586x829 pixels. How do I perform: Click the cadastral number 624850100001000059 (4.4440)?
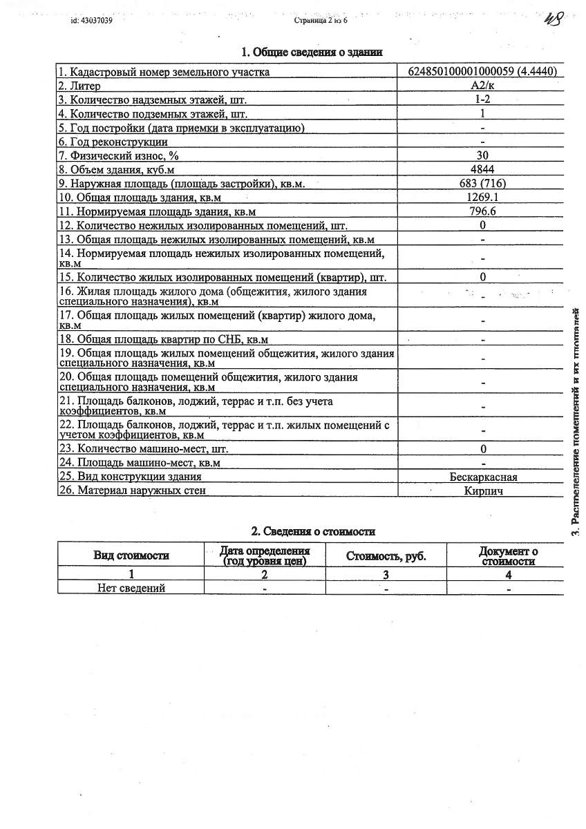tap(482, 72)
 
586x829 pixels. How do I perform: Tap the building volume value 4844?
tap(482, 169)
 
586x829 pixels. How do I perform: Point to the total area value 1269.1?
tap(482, 198)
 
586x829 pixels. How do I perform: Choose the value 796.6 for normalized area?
tap(482, 211)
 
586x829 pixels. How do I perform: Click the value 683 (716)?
tap(482, 184)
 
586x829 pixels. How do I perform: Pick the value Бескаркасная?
tap(483, 477)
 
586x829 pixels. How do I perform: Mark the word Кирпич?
tap(483, 490)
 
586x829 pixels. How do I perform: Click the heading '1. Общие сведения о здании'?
tap(312, 52)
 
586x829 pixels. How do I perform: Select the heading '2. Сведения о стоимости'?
tap(312, 531)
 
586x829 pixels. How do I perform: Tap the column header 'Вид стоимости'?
tap(131, 555)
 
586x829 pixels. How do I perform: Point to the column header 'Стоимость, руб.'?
tap(386, 556)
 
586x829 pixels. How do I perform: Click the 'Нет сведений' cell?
tap(131, 588)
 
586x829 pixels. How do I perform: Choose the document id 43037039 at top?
tap(91, 21)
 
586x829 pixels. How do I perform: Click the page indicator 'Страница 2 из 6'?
tap(321, 21)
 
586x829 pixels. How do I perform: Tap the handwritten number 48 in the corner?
tap(554, 19)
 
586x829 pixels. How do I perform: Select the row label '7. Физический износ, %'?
tap(119, 155)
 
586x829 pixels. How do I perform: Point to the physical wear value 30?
tap(482, 155)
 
